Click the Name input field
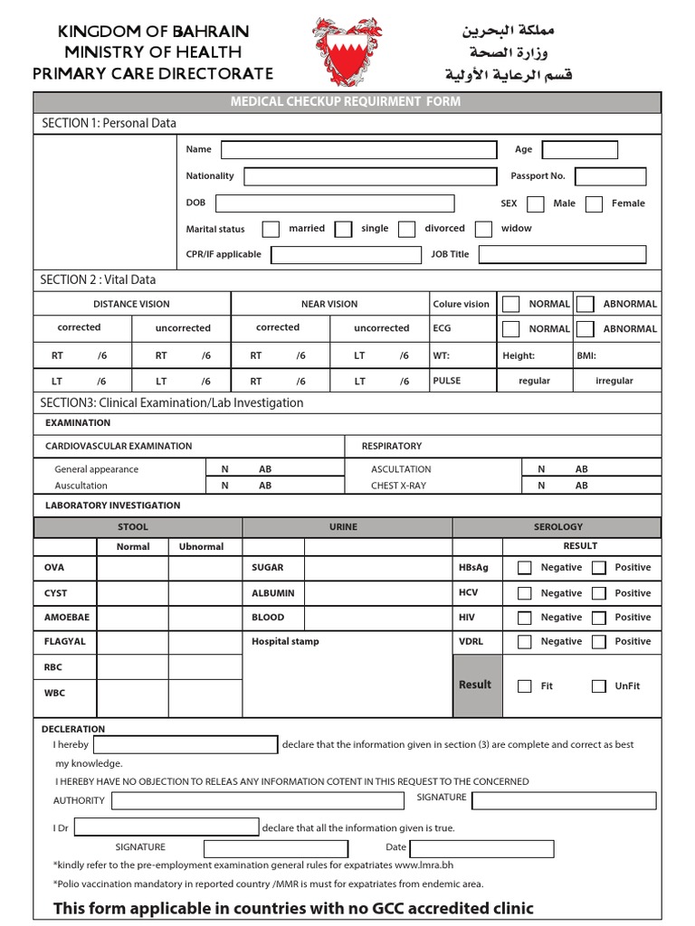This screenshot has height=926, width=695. coord(359,149)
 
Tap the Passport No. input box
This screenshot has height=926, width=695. coord(610,176)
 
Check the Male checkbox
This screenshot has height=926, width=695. coord(536,204)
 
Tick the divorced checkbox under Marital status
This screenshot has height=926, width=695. coord(407,230)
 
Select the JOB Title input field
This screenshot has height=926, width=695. coord(562,255)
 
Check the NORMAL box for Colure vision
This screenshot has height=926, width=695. coord(511,304)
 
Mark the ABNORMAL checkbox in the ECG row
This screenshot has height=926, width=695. coord(586,329)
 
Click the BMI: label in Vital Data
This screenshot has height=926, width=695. coord(586,356)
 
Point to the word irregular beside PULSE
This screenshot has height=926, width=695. coord(614,382)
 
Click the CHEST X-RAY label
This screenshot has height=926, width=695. coord(398,486)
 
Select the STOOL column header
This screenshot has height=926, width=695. coord(133,527)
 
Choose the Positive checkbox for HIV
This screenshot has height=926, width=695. coord(598,618)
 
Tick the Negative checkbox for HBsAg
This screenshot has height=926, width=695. coord(524,568)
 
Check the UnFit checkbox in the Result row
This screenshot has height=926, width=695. coord(598,686)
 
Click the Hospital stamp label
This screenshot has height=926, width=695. coord(285,642)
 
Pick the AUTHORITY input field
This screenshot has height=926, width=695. coord(258,800)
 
